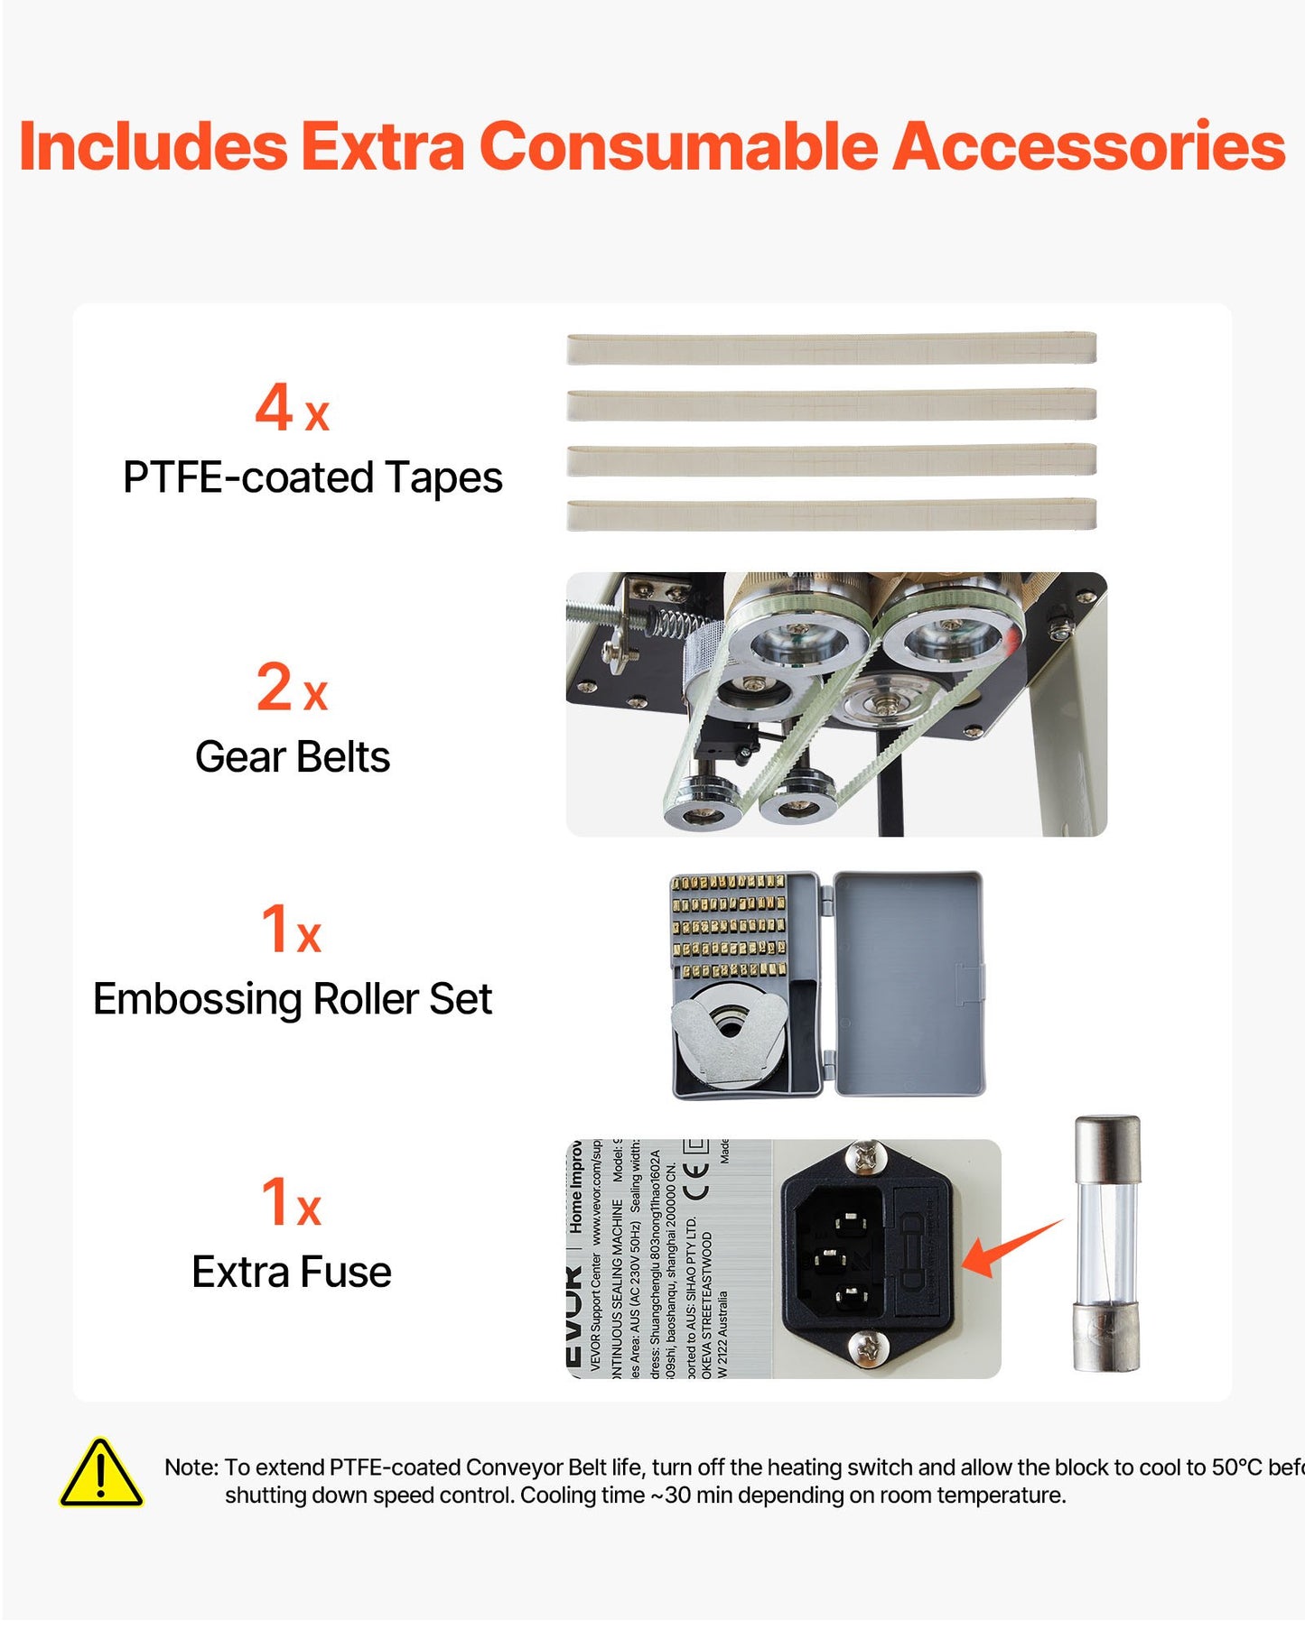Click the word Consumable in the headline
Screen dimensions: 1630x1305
[x=678, y=147]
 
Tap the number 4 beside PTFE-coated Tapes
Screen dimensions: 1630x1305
[x=274, y=407]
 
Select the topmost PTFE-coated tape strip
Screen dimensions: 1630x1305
[x=831, y=348]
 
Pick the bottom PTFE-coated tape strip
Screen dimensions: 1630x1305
[x=831, y=515]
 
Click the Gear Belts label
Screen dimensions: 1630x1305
[x=293, y=757]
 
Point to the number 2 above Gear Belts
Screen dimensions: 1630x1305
[x=275, y=687]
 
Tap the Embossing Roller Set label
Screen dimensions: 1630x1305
[x=293, y=999]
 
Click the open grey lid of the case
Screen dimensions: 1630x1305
[x=909, y=983]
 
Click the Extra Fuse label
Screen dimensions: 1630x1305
[x=292, y=1273]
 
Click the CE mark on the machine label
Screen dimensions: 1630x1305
[x=695, y=1181]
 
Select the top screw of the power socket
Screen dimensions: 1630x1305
[x=865, y=1158]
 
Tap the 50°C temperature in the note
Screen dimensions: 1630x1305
[x=1236, y=1468]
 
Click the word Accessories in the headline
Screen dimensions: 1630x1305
[x=1088, y=147]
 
